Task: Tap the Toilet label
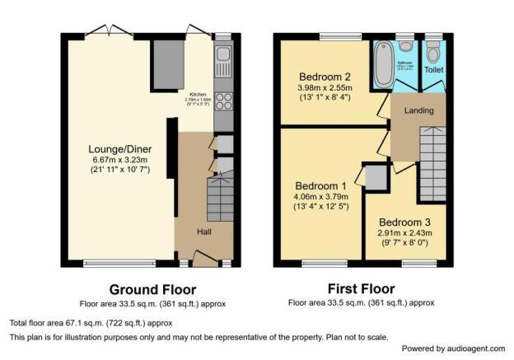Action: (433, 70)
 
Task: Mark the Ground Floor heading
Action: (152, 289)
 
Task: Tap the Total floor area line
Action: (91, 323)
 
